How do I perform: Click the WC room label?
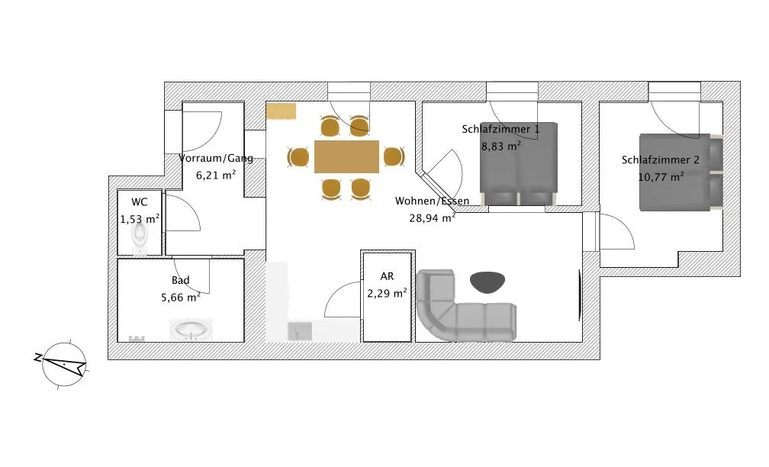[x=140, y=202]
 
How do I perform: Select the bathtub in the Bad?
[x=191, y=330]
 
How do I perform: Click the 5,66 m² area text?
[x=181, y=298]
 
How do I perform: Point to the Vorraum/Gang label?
[x=216, y=158]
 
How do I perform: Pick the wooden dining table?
[x=346, y=156]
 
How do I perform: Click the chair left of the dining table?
[x=298, y=157]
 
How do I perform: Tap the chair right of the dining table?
[x=394, y=156]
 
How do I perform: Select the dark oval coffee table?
[x=487, y=282]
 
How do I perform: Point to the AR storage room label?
[x=387, y=276]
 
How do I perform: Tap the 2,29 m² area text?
[x=387, y=293]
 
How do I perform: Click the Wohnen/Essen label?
[x=432, y=201]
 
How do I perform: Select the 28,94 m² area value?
[x=432, y=217]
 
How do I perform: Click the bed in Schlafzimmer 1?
[x=519, y=164]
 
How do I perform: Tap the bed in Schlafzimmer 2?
[x=681, y=172]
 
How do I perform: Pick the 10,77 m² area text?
[x=661, y=176]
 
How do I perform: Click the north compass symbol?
[x=64, y=364]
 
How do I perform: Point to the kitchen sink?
[x=300, y=331]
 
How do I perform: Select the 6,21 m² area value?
[x=216, y=175]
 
